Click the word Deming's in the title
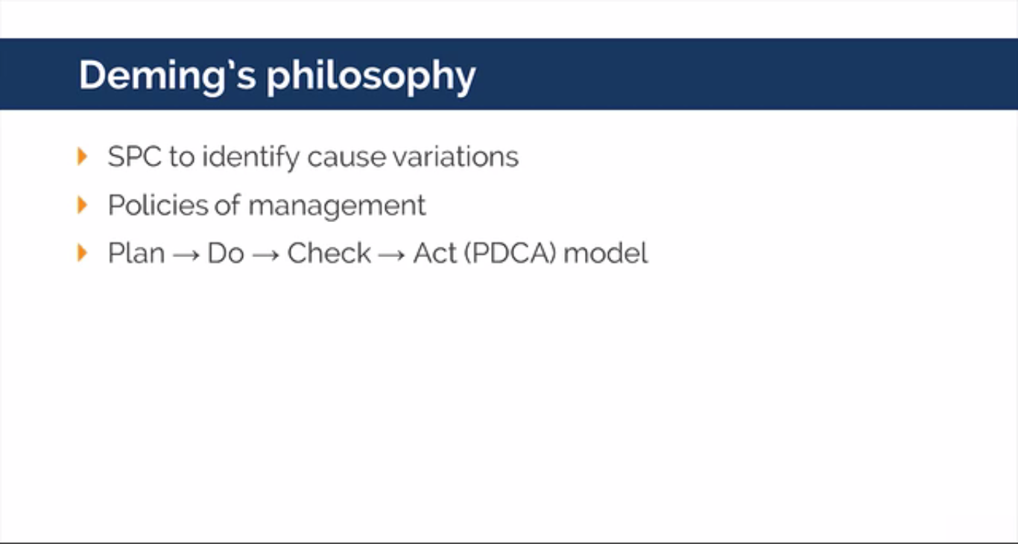tap(168, 76)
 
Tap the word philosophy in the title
tap(371, 78)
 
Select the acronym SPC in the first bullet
tap(135, 156)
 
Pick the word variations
tap(455, 157)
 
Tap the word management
tap(337, 206)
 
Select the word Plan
tap(136, 253)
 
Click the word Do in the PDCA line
tap(226, 253)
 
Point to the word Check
tap(329, 253)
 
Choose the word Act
tap(435, 253)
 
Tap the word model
tap(605, 253)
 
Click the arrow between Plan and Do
tap(186, 256)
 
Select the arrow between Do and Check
tap(266, 256)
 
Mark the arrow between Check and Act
tap(391, 256)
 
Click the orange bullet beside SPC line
tap(82, 156)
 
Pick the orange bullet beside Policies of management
tap(82, 205)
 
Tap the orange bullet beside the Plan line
tap(82, 253)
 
